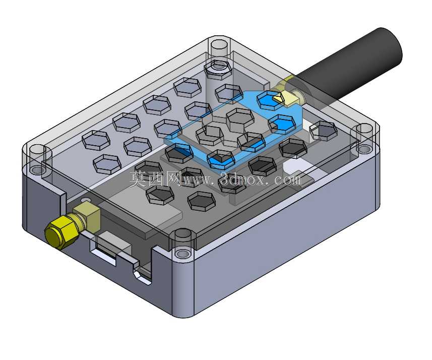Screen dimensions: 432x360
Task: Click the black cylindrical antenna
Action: point(347,66)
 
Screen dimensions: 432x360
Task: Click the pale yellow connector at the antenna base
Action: point(289,96)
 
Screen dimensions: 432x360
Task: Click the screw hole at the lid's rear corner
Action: point(219,45)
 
